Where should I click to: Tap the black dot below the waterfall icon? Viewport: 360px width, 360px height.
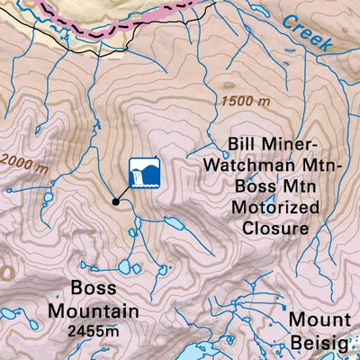coord(115,201)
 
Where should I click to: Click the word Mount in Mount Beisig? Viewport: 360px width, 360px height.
coord(319,319)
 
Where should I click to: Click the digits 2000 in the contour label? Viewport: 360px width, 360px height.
coord(13,161)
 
